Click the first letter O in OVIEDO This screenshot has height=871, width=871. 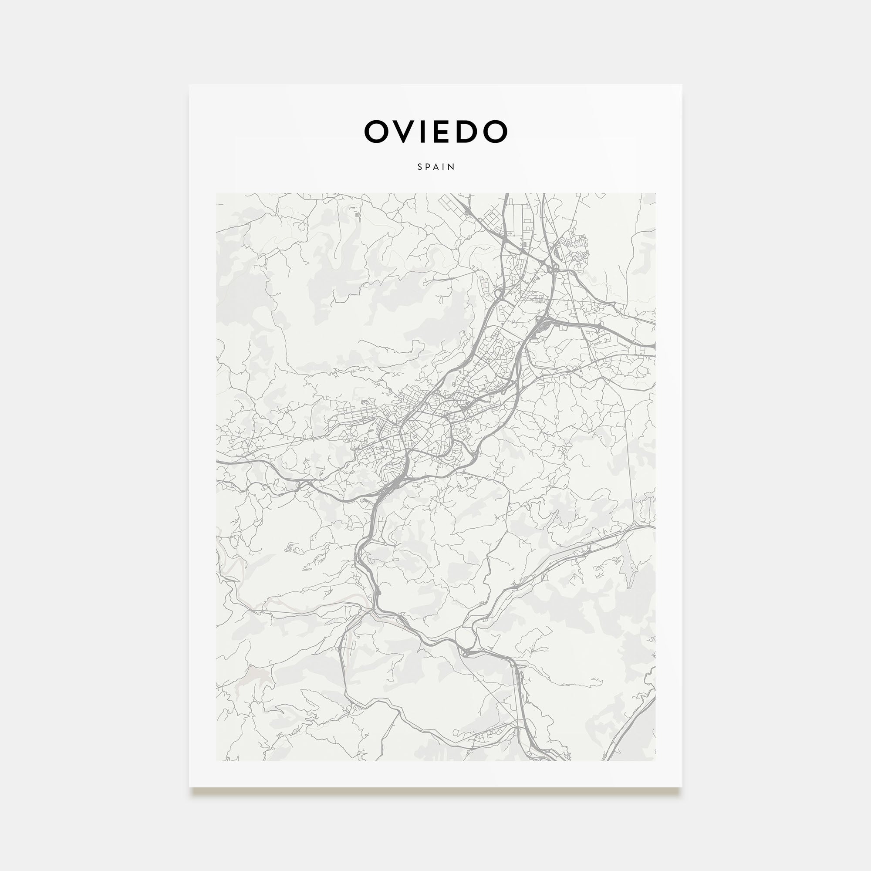[x=375, y=131]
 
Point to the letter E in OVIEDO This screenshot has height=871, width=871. [x=440, y=131]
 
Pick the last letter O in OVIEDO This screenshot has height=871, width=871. [x=496, y=131]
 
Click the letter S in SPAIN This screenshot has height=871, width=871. [x=420, y=167]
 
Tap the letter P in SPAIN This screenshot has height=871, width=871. [x=428, y=167]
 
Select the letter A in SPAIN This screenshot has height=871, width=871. [x=437, y=167]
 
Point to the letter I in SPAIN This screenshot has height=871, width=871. [x=444, y=167]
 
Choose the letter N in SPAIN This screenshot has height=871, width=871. [x=452, y=167]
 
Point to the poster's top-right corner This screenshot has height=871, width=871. [x=682, y=85]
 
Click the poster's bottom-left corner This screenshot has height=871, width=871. [x=189, y=787]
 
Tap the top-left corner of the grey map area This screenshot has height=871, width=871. [x=216, y=193]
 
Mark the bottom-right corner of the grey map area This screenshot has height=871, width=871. [x=655, y=760]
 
